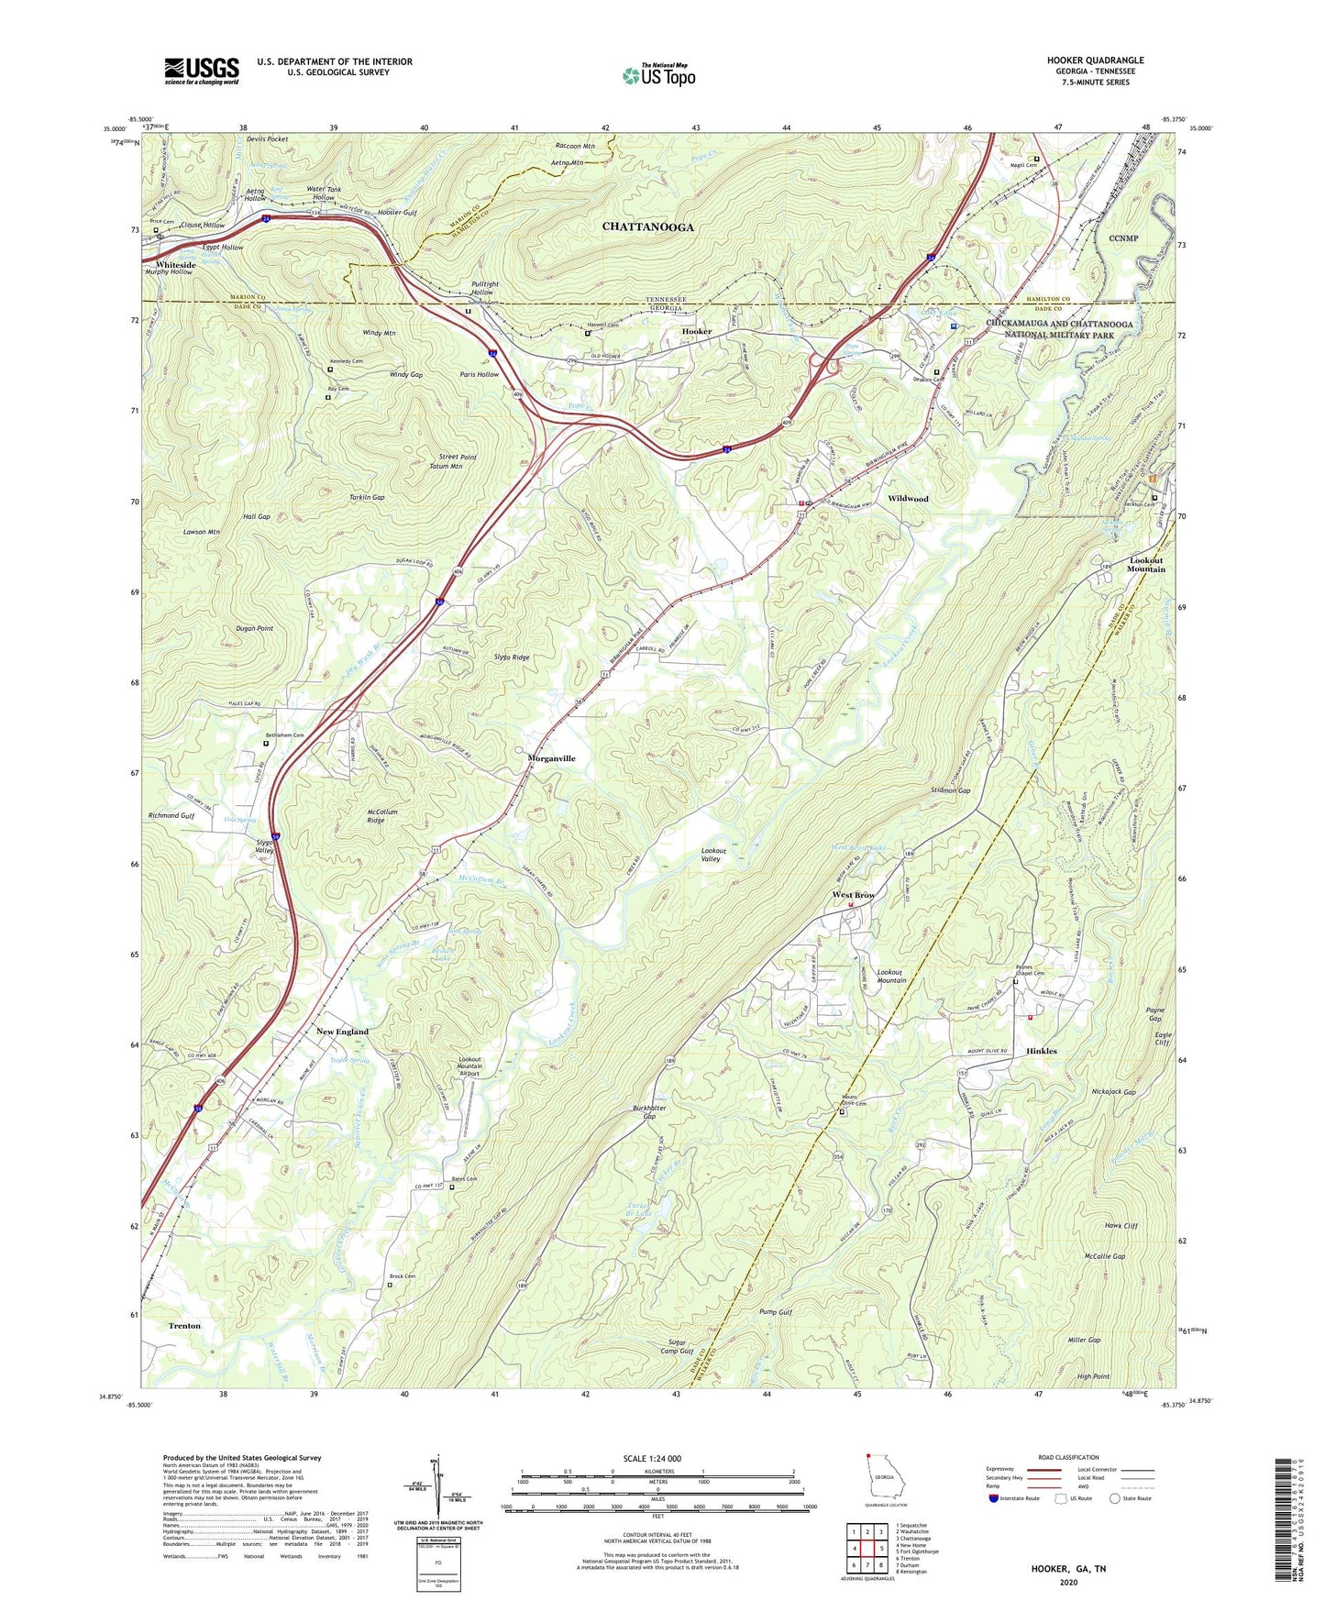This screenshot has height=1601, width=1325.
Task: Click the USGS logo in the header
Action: coord(202,71)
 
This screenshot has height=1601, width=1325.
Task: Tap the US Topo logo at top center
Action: coord(658,75)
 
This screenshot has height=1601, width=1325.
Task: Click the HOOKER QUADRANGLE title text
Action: coord(1095,61)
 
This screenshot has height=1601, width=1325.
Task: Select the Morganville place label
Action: coord(551,758)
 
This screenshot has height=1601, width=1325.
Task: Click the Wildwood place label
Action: coord(908,499)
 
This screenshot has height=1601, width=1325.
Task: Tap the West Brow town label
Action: coord(853,895)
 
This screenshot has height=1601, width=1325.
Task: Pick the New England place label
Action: coord(342,1032)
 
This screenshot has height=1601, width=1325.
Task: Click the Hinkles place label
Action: coord(1041,1051)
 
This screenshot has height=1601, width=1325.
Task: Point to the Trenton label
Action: coord(184,1326)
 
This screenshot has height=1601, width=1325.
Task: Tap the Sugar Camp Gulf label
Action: coord(677,1346)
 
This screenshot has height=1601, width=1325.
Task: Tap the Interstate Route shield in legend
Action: coord(995,1498)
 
